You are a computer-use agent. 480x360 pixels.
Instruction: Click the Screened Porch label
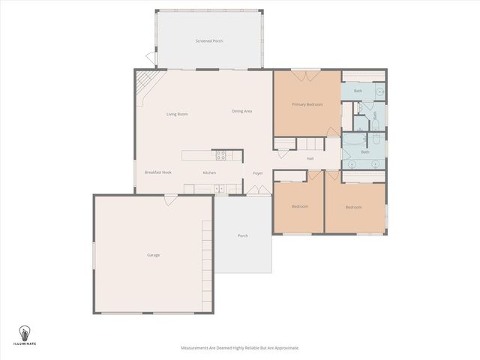[x=209, y=40]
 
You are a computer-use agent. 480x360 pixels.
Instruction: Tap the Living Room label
[x=177, y=114]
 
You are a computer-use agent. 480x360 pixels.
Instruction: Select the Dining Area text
[x=241, y=111]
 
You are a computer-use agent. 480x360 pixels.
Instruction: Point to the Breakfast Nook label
[x=158, y=172]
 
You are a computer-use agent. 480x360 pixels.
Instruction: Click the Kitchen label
[x=209, y=173]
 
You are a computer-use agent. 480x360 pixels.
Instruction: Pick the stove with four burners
[x=221, y=155]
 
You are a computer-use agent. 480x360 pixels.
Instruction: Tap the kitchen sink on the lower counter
[x=219, y=187]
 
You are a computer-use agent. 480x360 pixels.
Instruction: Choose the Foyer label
[x=257, y=173]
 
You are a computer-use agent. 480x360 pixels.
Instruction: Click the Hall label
[x=310, y=158]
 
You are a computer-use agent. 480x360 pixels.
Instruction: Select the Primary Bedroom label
[x=307, y=105]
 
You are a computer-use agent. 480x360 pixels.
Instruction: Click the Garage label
[x=153, y=255]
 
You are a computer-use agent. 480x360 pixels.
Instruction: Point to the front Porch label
[x=243, y=235]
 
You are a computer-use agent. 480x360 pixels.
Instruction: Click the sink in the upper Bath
[x=379, y=91]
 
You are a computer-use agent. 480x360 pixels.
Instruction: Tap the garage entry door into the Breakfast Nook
[x=171, y=198]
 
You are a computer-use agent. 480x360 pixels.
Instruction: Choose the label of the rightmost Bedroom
[x=353, y=207]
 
